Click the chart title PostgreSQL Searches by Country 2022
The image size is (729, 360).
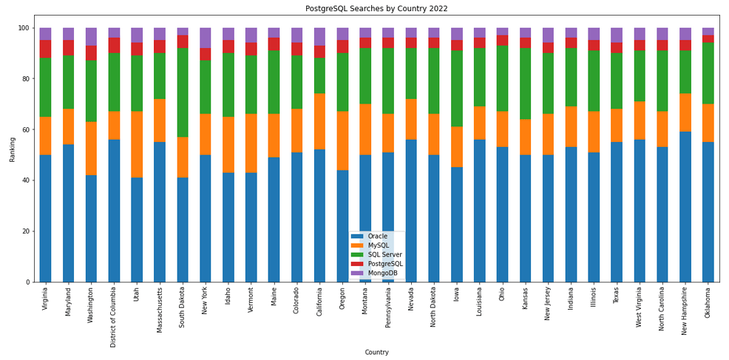click(376, 9)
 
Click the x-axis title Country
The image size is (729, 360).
click(376, 353)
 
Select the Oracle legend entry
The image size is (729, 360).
click(377, 237)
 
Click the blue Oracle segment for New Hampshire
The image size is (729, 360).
click(685, 207)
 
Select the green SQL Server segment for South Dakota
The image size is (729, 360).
click(183, 92)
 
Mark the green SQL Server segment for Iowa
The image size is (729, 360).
click(457, 89)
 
